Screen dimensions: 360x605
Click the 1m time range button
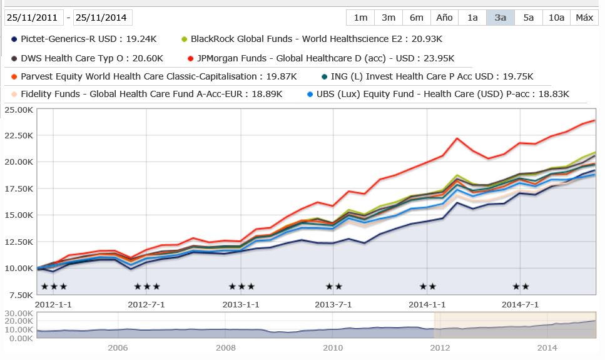point(360,18)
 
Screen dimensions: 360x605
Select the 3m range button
point(389,18)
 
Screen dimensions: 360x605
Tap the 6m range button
point(417,18)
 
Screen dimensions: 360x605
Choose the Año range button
point(444,18)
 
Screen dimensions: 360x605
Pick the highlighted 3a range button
point(501,18)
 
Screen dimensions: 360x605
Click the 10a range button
point(556,18)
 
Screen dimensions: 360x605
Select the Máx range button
point(584,18)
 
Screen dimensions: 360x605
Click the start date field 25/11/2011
point(34,18)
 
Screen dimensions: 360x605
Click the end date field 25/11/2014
point(103,18)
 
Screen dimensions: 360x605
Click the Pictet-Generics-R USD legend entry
point(84,39)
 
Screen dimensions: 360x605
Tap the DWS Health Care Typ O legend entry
point(87,58)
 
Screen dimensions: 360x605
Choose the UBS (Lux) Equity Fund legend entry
point(438,95)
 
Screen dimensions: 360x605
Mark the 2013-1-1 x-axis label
point(241,305)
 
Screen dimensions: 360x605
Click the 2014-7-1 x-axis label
point(521,305)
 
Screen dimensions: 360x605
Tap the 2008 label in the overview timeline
point(226,347)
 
